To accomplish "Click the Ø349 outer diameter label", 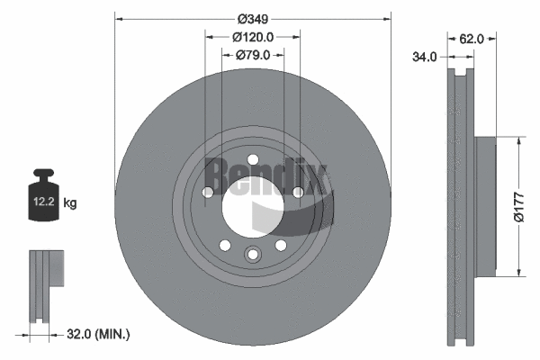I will tap(253, 16).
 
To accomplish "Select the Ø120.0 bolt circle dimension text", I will tap(253, 37).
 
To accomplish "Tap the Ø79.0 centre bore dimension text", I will tap(254, 56).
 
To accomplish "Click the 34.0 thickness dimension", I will tap(425, 57).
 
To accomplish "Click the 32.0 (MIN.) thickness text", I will tap(100, 334).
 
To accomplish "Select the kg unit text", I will tap(70, 203).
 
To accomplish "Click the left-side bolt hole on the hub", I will tap(208, 191).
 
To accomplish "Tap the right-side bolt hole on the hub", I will tap(297, 191).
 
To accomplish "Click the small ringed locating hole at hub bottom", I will tap(253, 255).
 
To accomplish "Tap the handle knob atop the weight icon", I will tap(43, 173).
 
